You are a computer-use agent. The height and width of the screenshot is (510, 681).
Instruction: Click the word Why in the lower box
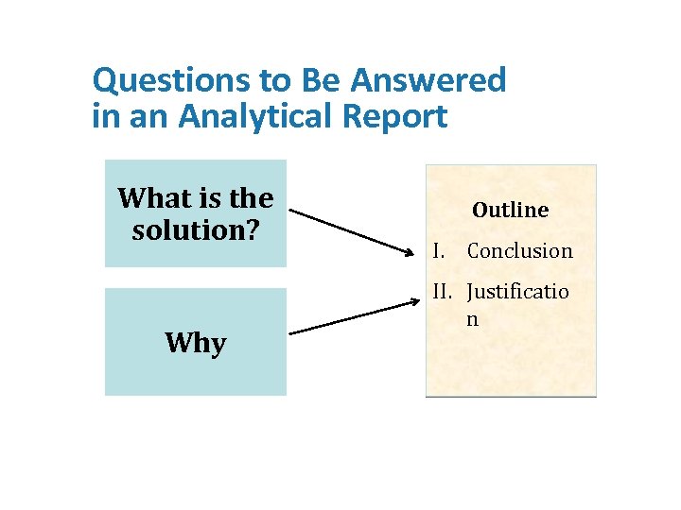point(195,343)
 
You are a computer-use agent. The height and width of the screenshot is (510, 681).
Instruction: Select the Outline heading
point(510,210)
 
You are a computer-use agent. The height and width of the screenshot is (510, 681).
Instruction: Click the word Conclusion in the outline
point(519,251)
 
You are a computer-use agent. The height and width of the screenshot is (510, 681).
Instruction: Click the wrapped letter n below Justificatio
point(472,319)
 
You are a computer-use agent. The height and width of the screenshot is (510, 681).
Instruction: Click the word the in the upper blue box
point(251,198)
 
